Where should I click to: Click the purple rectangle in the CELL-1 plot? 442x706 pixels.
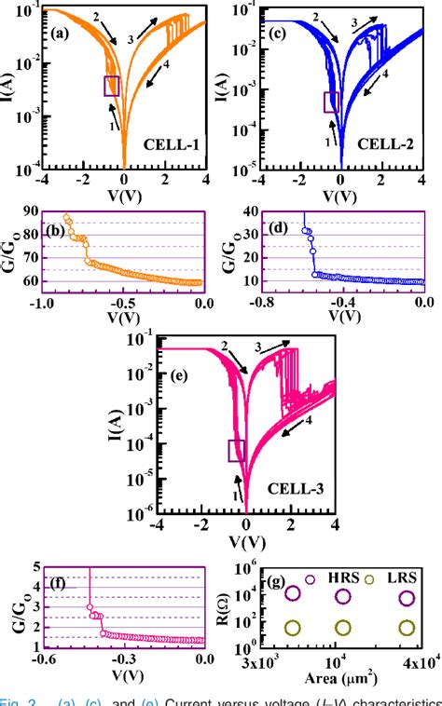112,86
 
